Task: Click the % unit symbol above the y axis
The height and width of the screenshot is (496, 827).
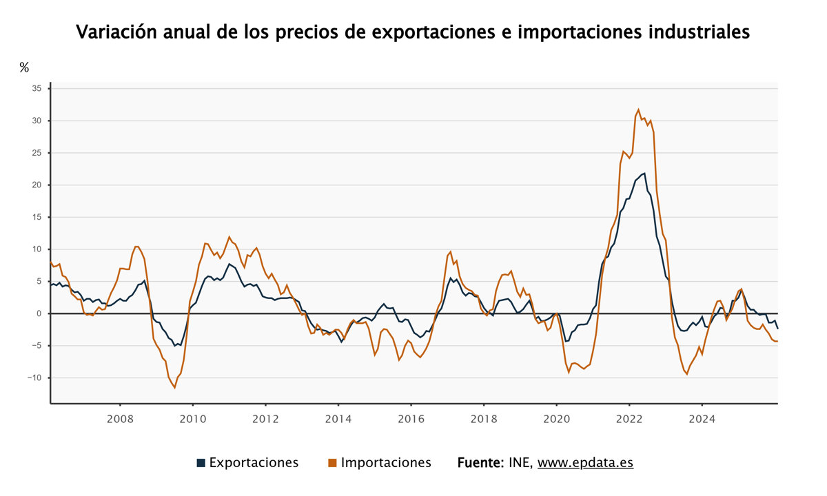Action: (24, 67)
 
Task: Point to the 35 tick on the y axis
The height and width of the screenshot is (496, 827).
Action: (37, 89)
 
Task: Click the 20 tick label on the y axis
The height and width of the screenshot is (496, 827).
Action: (37, 185)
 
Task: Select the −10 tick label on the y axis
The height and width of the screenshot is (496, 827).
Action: (34, 378)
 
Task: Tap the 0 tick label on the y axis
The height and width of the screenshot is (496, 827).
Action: (39, 313)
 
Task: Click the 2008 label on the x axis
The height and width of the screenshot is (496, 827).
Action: (120, 419)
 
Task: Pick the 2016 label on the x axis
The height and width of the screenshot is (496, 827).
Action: (411, 419)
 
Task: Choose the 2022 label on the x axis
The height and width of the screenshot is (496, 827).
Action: (629, 419)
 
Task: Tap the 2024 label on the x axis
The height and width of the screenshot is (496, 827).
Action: (702, 419)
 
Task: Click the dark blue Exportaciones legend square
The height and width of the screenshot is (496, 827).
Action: (201, 463)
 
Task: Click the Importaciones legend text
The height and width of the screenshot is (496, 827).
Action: (386, 463)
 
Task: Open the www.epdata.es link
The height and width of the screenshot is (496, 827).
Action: (585, 463)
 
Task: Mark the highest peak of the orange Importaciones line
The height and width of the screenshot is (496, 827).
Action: (639, 110)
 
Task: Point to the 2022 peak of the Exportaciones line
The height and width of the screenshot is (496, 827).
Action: (644, 173)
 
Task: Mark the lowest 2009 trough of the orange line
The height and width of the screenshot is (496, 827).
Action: (174, 388)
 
